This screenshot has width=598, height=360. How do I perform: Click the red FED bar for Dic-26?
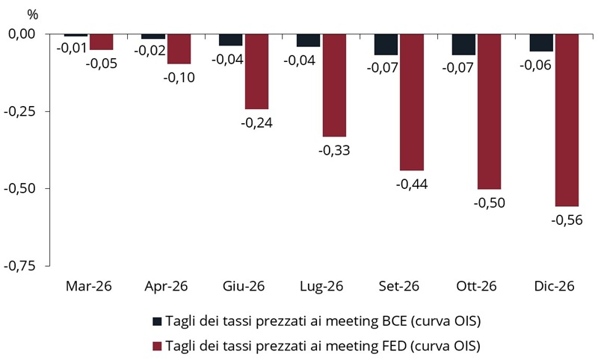(566, 120)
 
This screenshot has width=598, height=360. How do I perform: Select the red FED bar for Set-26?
(411, 102)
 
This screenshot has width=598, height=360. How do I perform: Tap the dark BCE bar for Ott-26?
(463, 44)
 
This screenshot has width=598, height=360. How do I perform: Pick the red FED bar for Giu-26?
(256, 71)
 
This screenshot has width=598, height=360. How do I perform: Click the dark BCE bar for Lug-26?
(308, 40)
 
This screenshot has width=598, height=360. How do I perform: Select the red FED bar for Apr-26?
(179, 49)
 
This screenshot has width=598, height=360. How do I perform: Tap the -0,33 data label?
(334, 150)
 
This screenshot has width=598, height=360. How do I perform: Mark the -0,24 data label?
(256, 122)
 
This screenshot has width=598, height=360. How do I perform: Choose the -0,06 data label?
(541, 65)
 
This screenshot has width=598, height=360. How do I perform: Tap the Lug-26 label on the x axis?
(321, 285)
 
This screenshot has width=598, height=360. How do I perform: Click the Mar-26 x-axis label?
(89, 285)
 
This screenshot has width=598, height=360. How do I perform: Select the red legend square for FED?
(157, 346)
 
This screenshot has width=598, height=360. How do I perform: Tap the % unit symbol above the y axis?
(31, 14)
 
